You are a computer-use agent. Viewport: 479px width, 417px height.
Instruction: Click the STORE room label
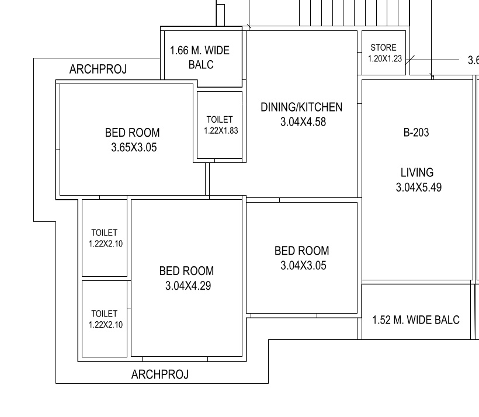[x=383, y=48]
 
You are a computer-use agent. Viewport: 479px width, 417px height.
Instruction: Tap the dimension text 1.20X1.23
[x=385, y=58]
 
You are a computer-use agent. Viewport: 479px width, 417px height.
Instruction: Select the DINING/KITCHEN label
[x=301, y=107]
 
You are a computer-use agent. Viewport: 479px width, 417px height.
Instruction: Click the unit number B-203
[x=416, y=133]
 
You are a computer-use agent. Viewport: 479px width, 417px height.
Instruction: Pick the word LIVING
[x=417, y=173]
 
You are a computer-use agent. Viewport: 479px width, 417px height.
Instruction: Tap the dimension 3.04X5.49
[x=418, y=187]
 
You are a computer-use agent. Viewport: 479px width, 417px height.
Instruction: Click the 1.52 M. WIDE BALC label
[x=416, y=320]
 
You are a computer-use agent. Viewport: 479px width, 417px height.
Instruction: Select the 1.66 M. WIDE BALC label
[x=200, y=57]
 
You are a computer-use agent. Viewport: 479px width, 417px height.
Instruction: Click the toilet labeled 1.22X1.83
[x=221, y=130]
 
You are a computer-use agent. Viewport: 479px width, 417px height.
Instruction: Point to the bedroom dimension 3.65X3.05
[x=134, y=148]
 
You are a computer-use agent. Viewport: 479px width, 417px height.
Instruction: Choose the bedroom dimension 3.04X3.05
[x=303, y=266]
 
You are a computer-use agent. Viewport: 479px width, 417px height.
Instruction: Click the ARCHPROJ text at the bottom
[x=160, y=375]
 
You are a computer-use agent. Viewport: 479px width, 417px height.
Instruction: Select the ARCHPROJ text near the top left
[x=98, y=69]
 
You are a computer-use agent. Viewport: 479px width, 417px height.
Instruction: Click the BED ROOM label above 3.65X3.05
[x=133, y=133]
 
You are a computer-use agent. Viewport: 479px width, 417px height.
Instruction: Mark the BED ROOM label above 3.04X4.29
[x=186, y=271]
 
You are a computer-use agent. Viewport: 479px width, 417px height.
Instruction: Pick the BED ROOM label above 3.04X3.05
[x=302, y=251]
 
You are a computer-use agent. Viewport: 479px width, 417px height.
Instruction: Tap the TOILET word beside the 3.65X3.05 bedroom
[x=220, y=120]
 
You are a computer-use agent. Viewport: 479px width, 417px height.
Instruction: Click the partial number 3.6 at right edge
[x=473, y=60]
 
